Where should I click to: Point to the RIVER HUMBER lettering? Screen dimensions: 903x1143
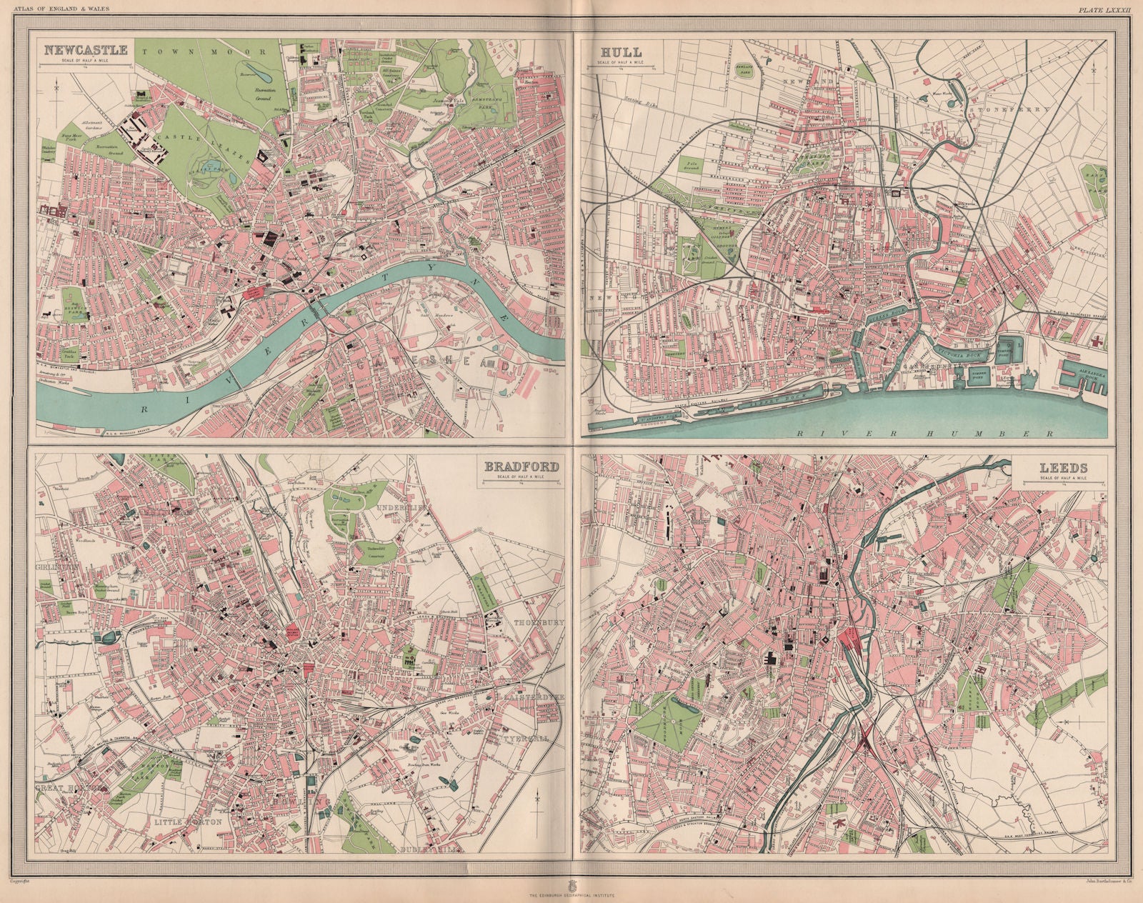929,434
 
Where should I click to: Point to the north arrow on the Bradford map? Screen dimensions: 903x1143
537,799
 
